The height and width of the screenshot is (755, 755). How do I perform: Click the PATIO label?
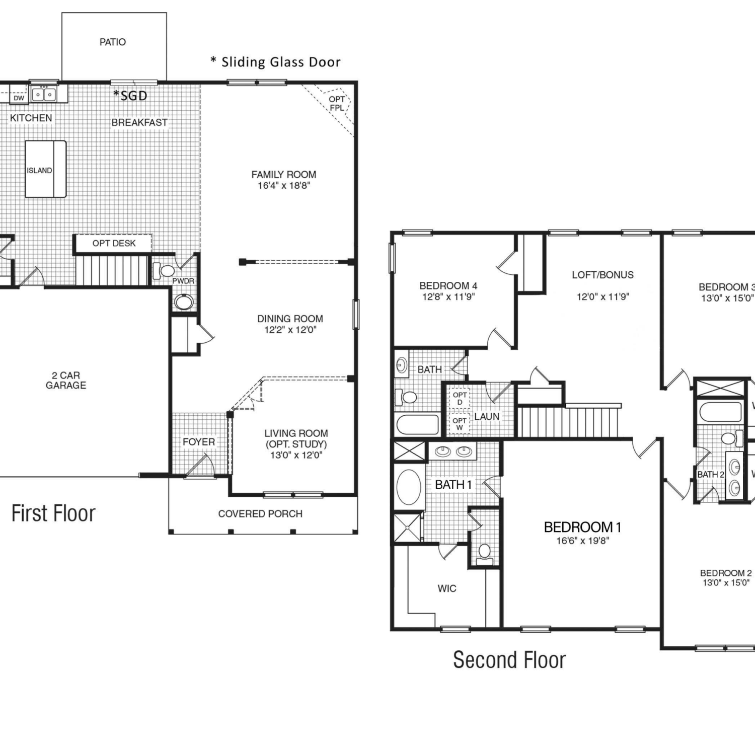[113, 42]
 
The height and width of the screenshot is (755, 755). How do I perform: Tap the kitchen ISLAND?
[46, 169]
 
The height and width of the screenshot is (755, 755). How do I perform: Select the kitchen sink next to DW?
[44, 94]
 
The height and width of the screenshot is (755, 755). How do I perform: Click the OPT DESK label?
[114, 244]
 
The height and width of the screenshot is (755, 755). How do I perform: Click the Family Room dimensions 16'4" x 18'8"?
[284, 186]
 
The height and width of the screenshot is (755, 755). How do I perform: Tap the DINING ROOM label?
[290, 319]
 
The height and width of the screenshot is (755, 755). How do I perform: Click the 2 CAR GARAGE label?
[66, 381]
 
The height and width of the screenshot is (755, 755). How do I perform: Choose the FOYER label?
[199, 442]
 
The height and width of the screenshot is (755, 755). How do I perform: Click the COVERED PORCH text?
[260, 514]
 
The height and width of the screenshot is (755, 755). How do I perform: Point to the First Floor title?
[53, 513]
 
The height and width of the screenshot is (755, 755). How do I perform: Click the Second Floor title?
[509, 660]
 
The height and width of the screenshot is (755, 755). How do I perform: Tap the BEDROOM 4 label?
[448, 286]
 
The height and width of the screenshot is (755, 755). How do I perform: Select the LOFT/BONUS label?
[602, 275]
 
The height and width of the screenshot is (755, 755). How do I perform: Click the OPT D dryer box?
[459, 398]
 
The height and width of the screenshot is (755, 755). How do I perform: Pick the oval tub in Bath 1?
[409, 487]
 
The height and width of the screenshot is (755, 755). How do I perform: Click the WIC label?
[447, 588]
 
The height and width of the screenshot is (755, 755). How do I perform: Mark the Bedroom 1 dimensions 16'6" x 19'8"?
[583, 541]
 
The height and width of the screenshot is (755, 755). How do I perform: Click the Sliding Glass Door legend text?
[275, 62]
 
